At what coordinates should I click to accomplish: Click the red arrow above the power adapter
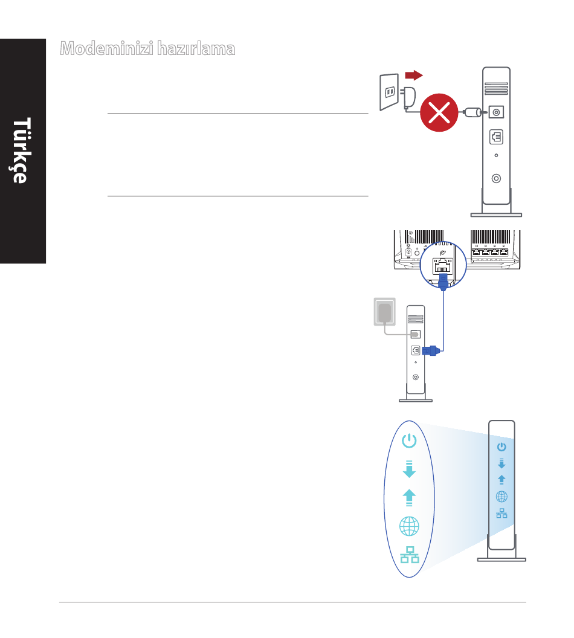[413, 75]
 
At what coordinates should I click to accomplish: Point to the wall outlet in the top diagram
[388, 92]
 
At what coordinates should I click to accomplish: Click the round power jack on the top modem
[497, 112]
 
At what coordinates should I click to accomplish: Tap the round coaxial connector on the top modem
[496, 179]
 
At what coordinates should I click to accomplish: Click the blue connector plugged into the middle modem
[431, 350]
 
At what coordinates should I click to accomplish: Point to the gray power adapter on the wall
[384, 313]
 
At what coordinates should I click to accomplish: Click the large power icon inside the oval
[409, 440]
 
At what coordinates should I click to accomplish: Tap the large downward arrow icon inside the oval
[409, 469]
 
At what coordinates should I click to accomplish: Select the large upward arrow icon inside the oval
[409, 497]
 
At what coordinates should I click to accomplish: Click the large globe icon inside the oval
[409, 526]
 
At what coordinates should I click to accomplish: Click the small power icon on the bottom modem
[501, 447]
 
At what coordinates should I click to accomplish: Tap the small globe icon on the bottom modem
[501, 497]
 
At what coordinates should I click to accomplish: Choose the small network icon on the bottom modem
[501, 514]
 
